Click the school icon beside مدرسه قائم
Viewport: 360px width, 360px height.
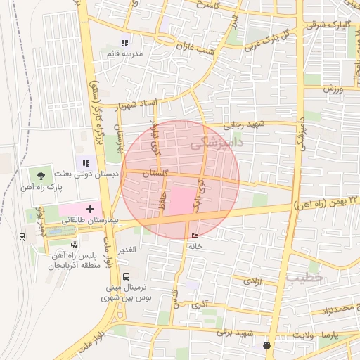(126, 44)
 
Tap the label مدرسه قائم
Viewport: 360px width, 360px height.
(124, 54)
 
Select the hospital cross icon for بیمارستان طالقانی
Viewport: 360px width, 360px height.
(90, 209)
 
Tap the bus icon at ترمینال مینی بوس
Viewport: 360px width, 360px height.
(126, 276)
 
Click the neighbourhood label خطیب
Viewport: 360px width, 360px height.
(304, 277)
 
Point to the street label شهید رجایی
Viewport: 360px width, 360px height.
(243, 124)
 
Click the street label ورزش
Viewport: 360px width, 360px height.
(333, 89)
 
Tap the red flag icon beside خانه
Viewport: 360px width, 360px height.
(195, 236)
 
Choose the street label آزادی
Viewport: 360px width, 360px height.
(252, 281)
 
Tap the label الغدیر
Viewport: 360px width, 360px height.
(134, 250)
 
